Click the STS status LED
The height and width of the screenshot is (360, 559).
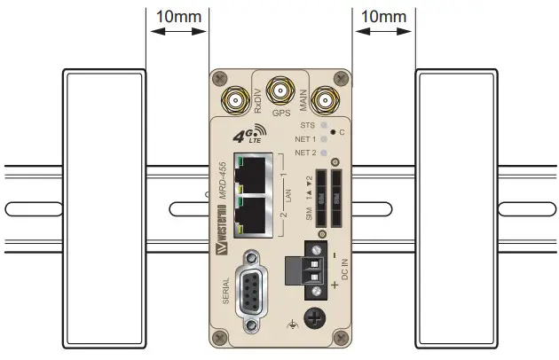[x=325, y=126]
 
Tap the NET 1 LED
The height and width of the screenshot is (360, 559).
[x=325, y=139]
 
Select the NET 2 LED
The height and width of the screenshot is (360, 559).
[x=325, y=153]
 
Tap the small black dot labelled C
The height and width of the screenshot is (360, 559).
[x=331, y=132]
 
